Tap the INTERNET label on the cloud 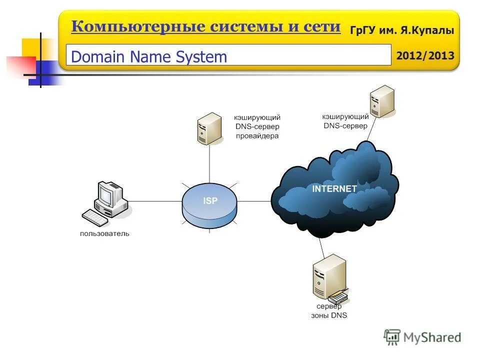click(334, 189)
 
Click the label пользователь click(104, 233)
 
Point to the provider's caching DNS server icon click(208, 129)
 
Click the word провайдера click(257, 135)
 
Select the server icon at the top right click(382, 101)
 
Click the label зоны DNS click(329, 315)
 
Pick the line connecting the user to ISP click(155, 201)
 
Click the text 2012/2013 click(425, 55)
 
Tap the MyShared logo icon click(392, 337)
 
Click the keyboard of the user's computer click(95, 217)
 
